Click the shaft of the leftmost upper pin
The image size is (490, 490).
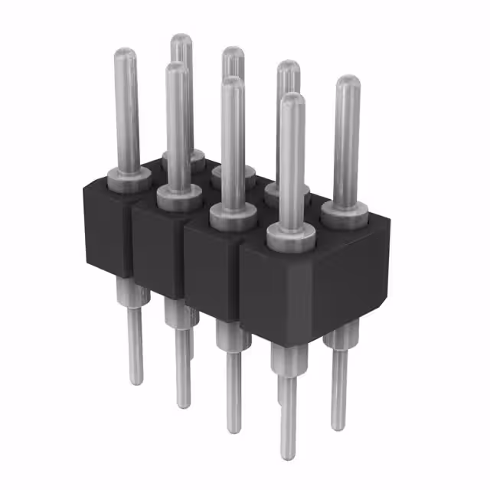126,115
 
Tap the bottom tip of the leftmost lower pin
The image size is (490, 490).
136,379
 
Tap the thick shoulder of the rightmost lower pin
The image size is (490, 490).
338,337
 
